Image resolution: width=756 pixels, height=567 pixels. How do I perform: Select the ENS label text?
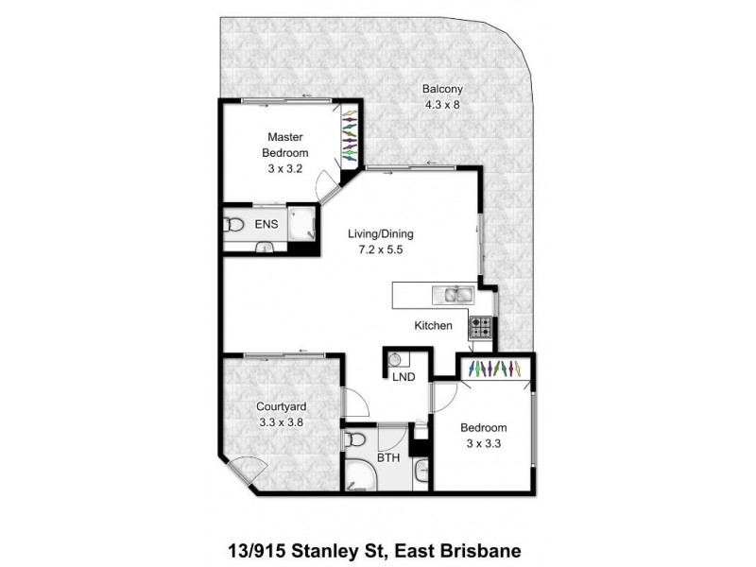pyautogui.click(x=266, y=225)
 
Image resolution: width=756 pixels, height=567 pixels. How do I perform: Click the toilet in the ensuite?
pyautogui.click(x=232, y=225)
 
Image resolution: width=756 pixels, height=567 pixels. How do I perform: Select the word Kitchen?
pyautogui.click(x=435, y=326)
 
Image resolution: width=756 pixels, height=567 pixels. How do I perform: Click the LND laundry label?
pyautogui.click(x=404, y=376)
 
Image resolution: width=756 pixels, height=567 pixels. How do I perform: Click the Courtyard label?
pyautogui.click(x=283, y=408)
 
